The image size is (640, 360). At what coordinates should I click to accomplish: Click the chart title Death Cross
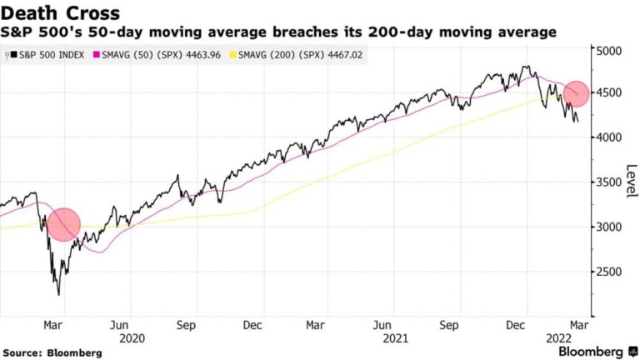(x=61, y=13)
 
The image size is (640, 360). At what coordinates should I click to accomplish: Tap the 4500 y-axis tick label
(x=609, y=93)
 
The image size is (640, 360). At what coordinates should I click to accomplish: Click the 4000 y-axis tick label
(x=609, y=137)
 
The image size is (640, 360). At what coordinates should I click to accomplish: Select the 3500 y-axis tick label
(x=609, y=182)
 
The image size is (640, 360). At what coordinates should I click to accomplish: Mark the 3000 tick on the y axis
(x=609, y=227)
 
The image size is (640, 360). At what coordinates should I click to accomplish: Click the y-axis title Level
(x=631, y=181)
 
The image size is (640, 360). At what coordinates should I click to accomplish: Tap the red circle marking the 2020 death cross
(x=63, y=225)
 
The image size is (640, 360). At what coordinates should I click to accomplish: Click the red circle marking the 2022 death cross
(x=576, y=93)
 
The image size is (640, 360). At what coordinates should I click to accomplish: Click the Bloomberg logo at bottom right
(x=590, y=352)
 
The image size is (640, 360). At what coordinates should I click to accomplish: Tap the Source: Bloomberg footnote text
(x=52, y=352)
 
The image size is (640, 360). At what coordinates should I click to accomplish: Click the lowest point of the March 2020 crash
(x=58, y=294)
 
